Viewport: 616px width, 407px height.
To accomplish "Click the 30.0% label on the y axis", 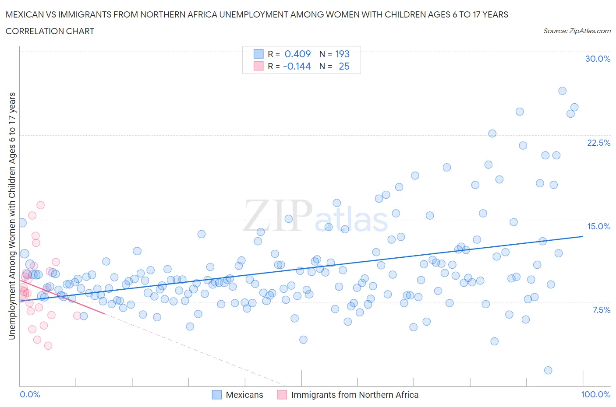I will (598, 59).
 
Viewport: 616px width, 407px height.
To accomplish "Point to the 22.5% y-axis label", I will (598, 143).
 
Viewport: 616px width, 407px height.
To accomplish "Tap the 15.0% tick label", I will (598, 226).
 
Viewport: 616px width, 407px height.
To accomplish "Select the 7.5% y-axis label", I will (601, 310).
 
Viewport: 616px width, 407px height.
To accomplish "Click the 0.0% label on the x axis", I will (30, 394).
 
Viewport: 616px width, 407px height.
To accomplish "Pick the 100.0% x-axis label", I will (595, 394).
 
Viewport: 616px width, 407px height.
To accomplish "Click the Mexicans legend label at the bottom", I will (244, 395).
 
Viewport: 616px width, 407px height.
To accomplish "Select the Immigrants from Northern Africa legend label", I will (354, 395).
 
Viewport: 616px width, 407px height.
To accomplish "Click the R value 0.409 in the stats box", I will (297, 54).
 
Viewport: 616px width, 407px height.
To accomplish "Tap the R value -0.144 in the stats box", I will (297, 66).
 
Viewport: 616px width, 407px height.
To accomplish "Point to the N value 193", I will (342, 54).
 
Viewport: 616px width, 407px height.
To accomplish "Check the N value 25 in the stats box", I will (344, 66).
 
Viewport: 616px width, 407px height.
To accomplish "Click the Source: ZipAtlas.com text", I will (577, 31).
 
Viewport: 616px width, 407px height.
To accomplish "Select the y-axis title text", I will (12, 216).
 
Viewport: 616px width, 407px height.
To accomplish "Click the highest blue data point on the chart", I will (562, 91).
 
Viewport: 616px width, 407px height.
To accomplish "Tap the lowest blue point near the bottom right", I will (548, 370).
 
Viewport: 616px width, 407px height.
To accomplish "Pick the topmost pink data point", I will (40, 205).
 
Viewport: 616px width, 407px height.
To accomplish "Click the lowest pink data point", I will (48, 346).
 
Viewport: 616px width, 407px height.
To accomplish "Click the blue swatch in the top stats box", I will (258, 54).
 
